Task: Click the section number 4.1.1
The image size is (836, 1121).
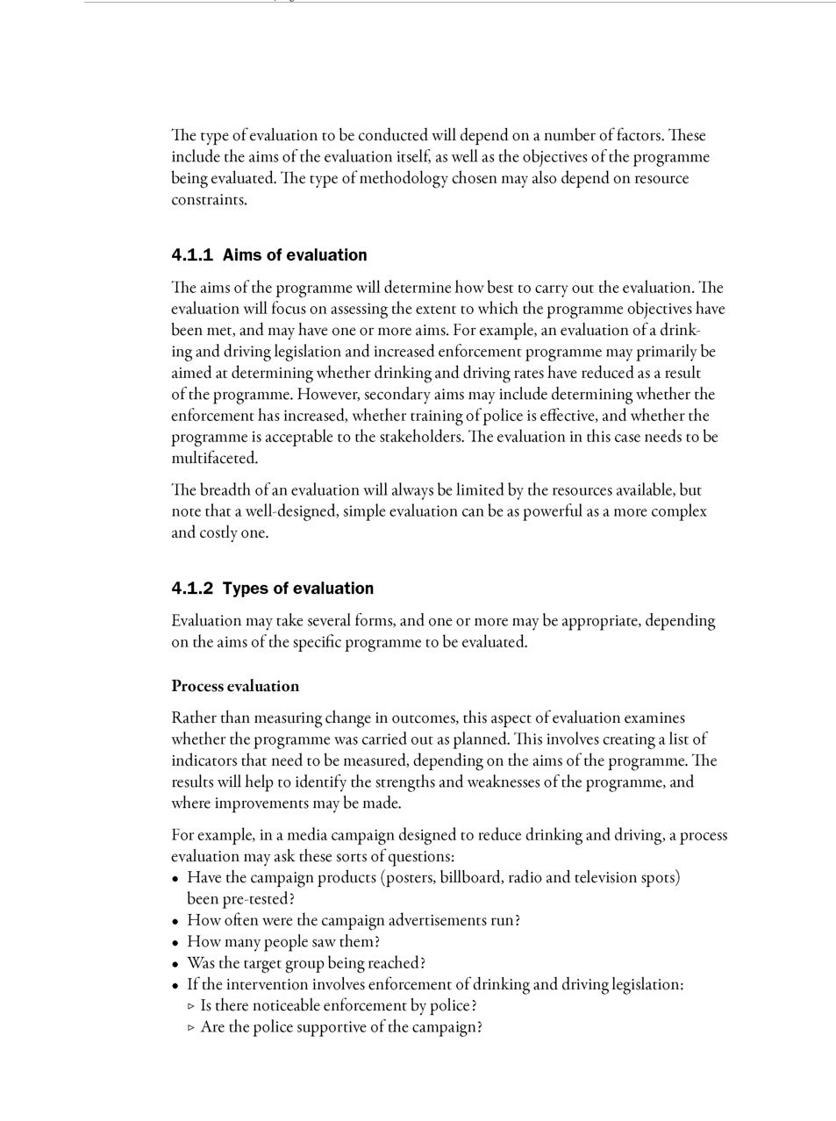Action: click(192, 255)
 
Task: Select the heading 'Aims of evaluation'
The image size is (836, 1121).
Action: click(295, 255)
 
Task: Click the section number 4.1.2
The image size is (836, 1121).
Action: click(192, 589)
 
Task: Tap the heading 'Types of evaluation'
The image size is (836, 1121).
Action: click(298, 589)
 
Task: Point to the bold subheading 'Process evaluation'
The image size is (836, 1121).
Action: click(235, 686)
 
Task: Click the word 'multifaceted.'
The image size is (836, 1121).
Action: click(214, 458)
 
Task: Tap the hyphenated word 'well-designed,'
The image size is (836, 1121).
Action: click(291, 511)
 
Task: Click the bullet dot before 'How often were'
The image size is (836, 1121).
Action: click(176, 921)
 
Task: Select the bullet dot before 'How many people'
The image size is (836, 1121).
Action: click(176, 943)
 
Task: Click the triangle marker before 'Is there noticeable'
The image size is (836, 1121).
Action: click(191, 1006)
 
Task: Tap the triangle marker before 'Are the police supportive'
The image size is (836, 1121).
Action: click(191, 1028)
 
